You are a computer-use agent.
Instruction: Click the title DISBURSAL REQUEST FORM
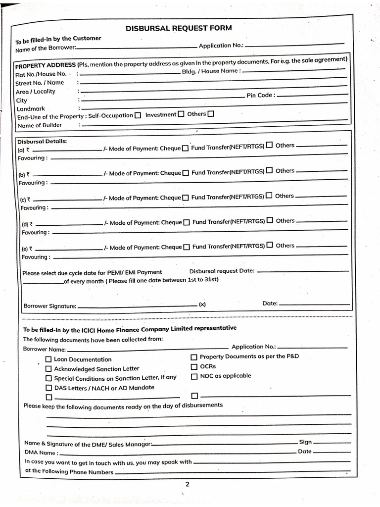(178, 28)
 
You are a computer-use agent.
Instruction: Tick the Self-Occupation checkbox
(138, 115)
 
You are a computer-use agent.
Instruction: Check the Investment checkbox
(181, 114)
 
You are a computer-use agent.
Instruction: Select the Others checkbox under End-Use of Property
(211, 114)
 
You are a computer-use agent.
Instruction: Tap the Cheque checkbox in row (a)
(185, 148)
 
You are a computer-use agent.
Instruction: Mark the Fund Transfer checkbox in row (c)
(269, 196)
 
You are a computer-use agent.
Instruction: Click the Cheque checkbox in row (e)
(186, 247)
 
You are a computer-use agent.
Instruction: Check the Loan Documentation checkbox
(48, 359)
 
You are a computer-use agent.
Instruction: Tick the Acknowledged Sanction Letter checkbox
(48, 369)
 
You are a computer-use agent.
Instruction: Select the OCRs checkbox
(194, 366)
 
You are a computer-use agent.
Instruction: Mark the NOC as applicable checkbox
(194, 376)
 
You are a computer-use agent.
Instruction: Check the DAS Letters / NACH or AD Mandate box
(48, 388)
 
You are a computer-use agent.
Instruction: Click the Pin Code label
(259, 95)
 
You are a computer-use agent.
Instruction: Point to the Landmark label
(31, 109)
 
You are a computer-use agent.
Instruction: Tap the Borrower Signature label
(49, 306)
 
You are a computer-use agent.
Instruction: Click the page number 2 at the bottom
(187, 484)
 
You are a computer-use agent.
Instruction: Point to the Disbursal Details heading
(42, 141)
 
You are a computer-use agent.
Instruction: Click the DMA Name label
(41, 453)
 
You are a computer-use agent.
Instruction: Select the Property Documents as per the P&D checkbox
(194, 357)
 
